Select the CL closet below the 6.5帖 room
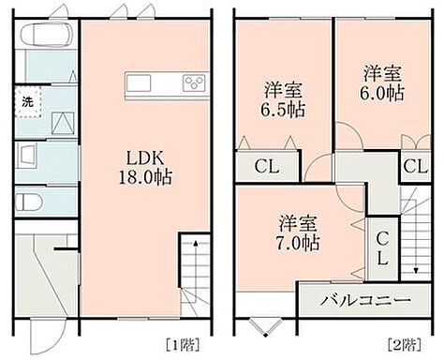point(264,167)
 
